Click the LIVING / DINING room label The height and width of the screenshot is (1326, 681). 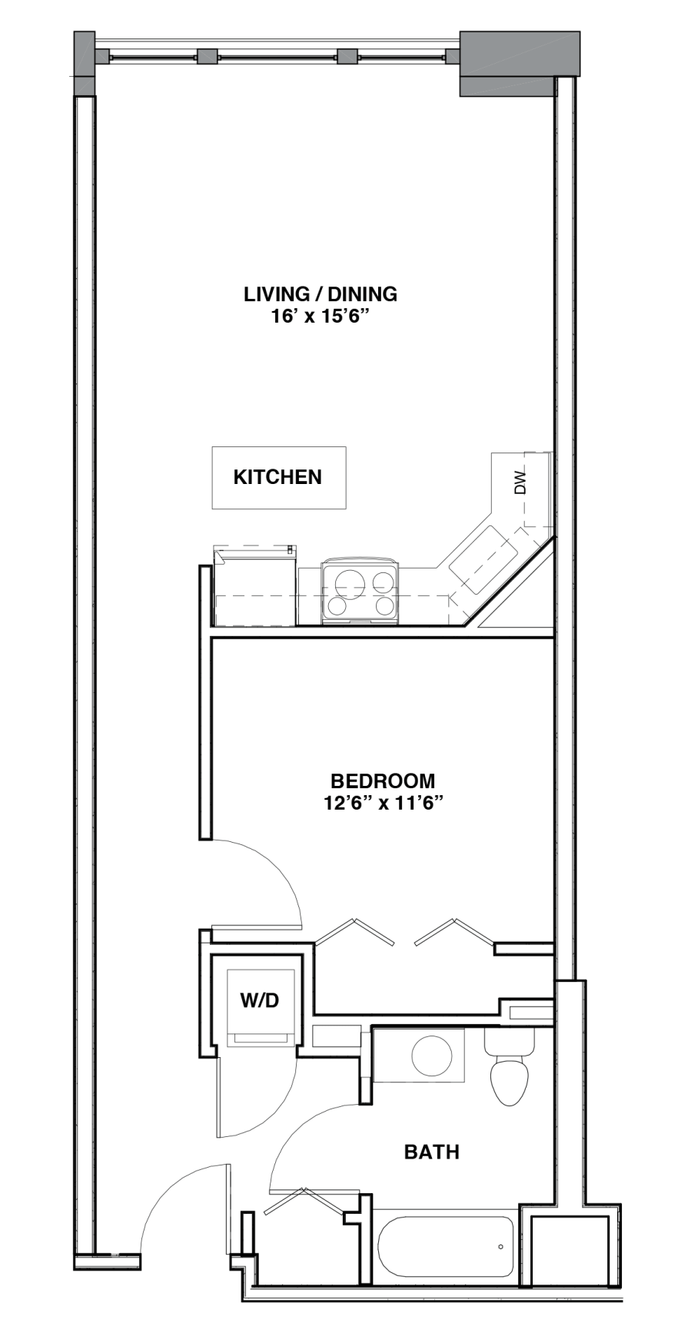(x=320, y=293)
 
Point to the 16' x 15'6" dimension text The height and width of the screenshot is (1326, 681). (x=321, y=316)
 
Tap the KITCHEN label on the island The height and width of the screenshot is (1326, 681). (x=277, y=477)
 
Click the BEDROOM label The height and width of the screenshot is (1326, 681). (x=383, y=781)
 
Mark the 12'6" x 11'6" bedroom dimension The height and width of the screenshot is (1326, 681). (x=382, y=804)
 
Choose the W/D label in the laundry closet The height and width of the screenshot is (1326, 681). (x=259, y=1000)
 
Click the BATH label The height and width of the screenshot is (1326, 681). (x=432, y=1152)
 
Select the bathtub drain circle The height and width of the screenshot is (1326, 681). (x=500, y=1247)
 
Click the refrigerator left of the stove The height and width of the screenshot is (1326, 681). (x=255, y=585)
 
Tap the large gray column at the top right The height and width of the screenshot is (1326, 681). (x=519, y=63)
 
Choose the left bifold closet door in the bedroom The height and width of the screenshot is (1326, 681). (x=355, y=930)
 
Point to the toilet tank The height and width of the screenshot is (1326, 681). (x=509, y=1042)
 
